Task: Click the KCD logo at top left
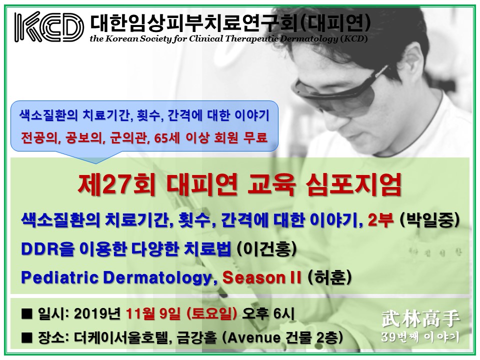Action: [49, 26]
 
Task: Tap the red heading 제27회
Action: [116, 185]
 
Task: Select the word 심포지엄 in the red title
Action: [353, 185]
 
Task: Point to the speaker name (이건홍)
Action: [267, 249]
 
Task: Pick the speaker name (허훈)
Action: [329, 277]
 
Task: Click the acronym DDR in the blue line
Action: [39, 249]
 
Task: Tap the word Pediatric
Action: [60, 277]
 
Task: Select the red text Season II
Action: [261, 277]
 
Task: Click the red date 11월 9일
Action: [153, 314]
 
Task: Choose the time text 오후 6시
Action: [268, 314]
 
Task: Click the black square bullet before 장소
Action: [27, 338]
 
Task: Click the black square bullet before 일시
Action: [27, 314]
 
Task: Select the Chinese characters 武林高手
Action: [420, 319]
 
